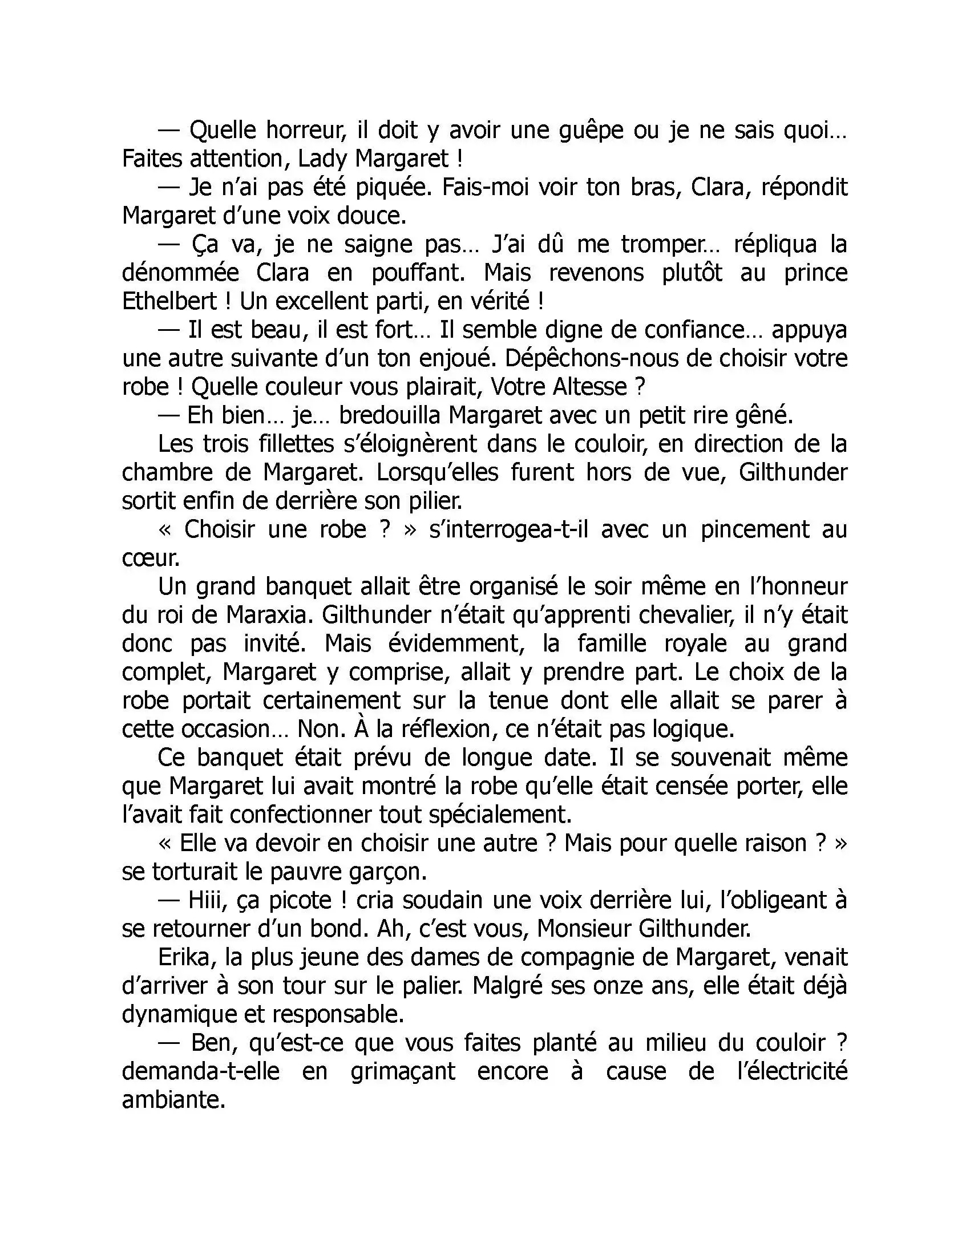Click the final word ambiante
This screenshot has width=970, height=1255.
tap(172, 1100)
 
